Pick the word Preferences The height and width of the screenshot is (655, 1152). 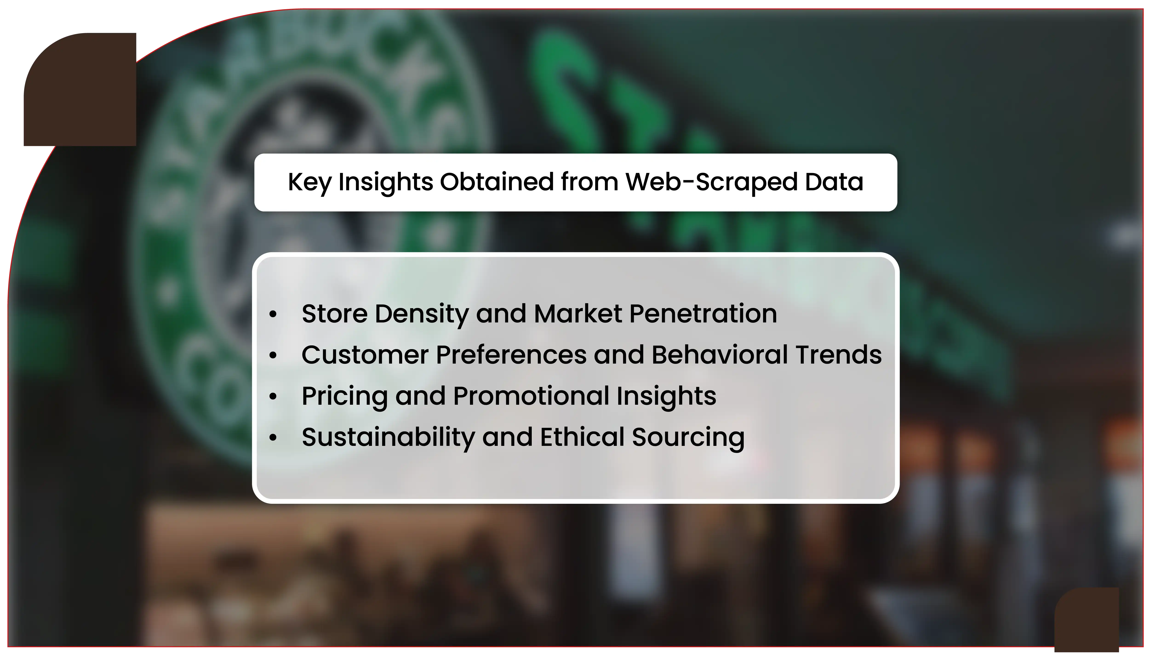pyautogui.click(x=511, y=355)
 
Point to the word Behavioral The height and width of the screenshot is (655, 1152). pyautogui.click(x=720, y=355)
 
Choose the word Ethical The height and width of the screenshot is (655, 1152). pyautogui.click(x=582, y=437)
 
